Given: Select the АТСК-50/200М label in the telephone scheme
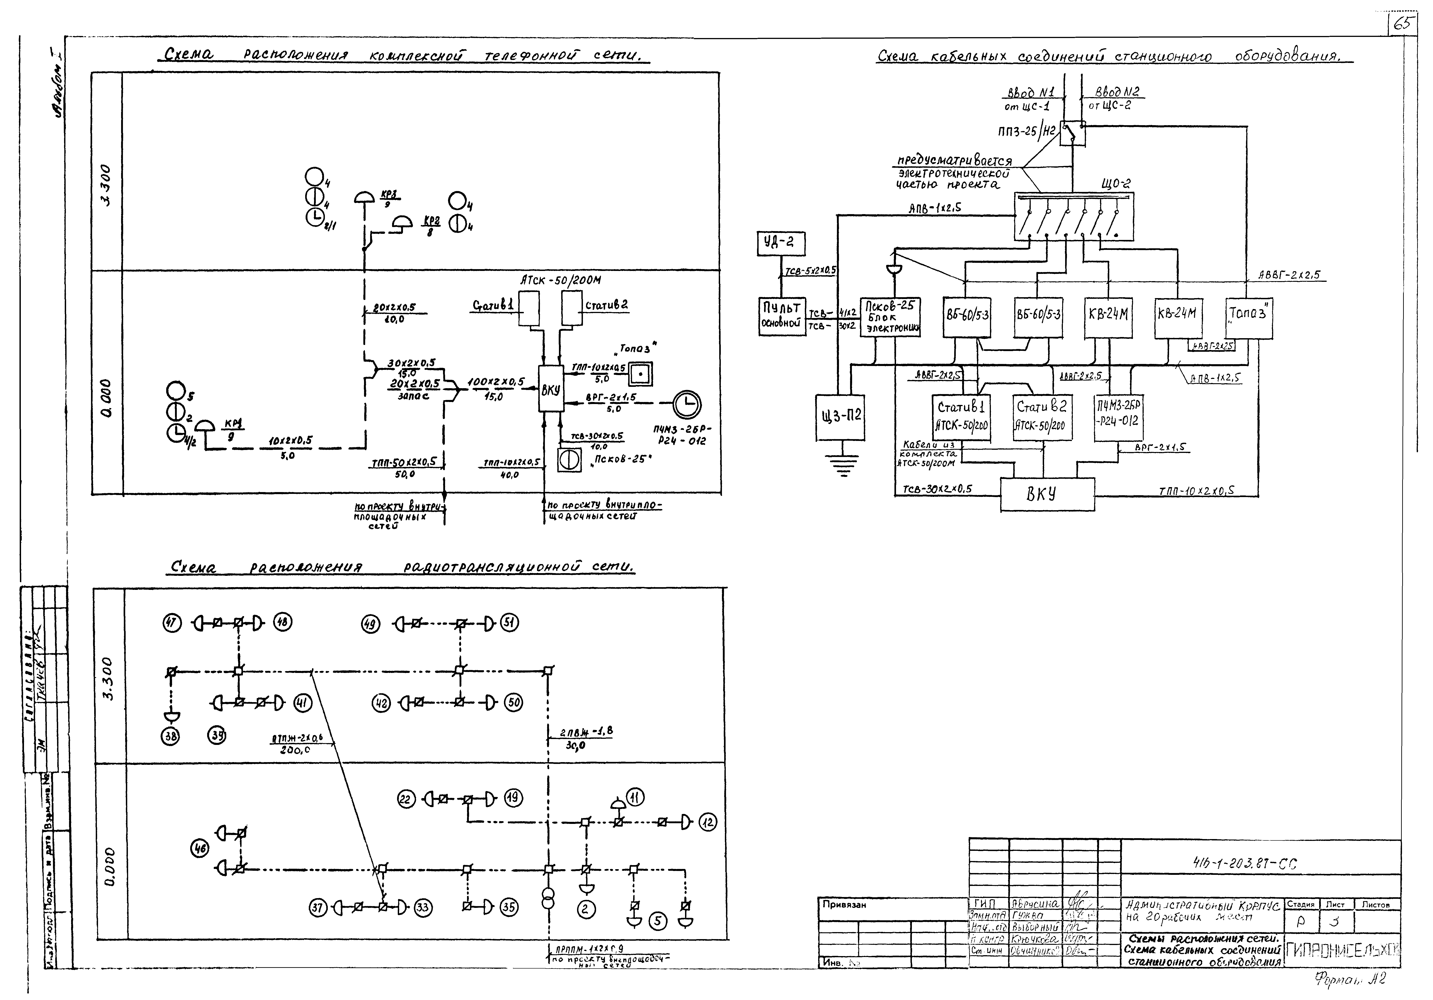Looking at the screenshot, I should [561, 280].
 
